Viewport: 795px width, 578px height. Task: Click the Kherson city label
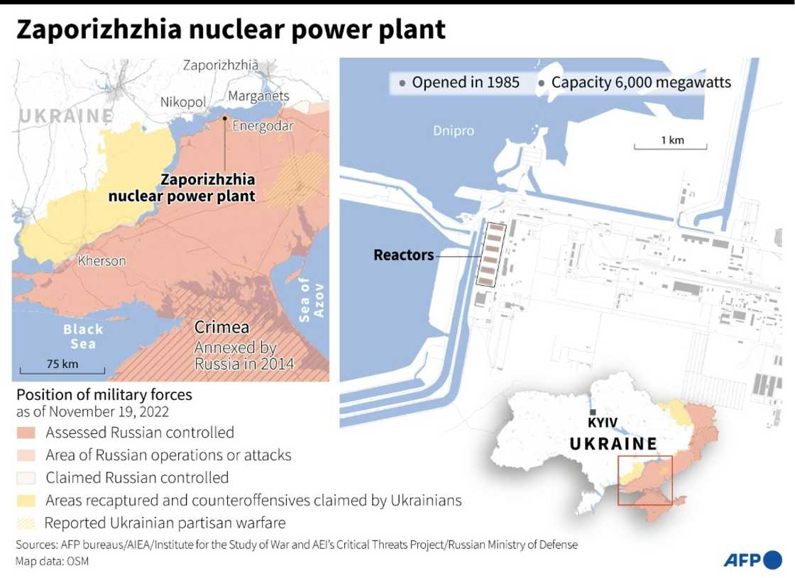[x=102, y=261]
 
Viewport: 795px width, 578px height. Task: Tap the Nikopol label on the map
[x=182, y=102]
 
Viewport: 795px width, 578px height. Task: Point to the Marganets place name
[x=258, y=96]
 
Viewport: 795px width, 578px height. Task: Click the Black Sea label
[x=83, y=336]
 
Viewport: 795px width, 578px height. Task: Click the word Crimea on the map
[x=222, y=328]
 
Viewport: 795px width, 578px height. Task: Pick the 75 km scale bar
[x=62, y=369]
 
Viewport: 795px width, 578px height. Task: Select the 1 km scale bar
[x=671, y=147]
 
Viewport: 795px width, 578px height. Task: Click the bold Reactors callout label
[x=404, y=255]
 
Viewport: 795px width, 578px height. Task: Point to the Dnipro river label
[x=454, y=130]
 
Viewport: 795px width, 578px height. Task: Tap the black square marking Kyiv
[x=591, y=413]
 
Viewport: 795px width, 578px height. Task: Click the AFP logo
[x=752, y=560]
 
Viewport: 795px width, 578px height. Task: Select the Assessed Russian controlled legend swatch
[x=27, y=433]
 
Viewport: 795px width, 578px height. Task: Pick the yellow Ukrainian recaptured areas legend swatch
[x=27, y=501]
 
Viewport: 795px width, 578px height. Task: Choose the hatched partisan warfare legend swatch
[x=27, y=523]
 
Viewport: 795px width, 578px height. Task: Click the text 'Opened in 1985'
[x=466, y=83]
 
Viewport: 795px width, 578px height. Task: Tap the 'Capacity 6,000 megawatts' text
[x=640, y=83]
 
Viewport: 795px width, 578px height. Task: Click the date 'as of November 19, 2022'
[x=93, y=412]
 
